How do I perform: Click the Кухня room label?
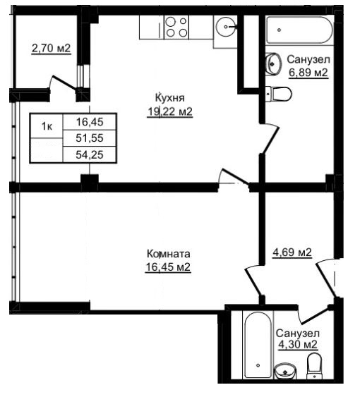(169, 98)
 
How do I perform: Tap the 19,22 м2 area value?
(170, 112)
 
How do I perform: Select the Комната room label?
(169, 254)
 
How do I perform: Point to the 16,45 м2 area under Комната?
(168, 267)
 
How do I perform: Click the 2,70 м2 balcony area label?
(51, 48)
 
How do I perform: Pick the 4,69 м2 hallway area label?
(292, 252)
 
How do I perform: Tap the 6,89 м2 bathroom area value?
(308, 72)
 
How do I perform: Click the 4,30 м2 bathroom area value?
(298, 344)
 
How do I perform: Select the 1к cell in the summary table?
(47, 126)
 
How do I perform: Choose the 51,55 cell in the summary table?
(90, 138)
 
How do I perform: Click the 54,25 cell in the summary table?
(90, 154)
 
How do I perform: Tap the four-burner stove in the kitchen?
(176, 27)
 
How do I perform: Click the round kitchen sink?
(226, 27)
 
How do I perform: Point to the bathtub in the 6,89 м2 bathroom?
(300, 30)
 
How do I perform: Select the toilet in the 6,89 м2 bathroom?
(279, 94)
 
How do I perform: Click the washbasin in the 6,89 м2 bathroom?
(273, 63)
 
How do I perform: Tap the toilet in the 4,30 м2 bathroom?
(314, 366)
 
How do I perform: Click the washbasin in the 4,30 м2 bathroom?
(285, 371)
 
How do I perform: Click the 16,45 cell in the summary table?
(90, 122)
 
